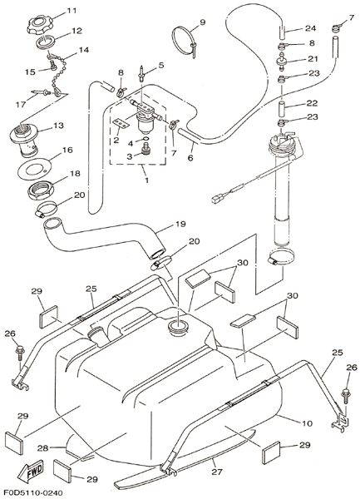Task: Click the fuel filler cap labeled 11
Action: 38,26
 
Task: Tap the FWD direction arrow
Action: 30,470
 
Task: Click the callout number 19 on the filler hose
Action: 180,224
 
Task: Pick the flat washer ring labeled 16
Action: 32,170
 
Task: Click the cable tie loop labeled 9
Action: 185,41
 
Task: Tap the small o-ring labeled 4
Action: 145,140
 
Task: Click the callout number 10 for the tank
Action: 307,423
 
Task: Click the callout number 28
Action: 43,448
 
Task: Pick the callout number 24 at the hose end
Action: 310,28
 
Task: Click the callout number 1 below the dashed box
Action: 146,180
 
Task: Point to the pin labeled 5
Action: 141,73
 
